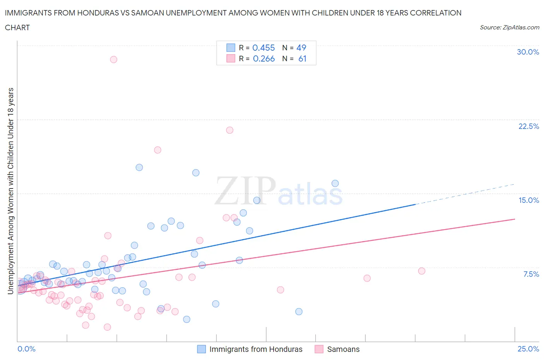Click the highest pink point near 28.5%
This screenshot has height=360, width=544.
point(113,59)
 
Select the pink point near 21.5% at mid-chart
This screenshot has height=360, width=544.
point(229,130)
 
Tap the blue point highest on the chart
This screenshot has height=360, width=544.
point(139,167)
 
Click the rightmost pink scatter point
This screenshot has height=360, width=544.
point(422,271)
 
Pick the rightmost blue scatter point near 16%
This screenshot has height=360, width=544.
point(335,183)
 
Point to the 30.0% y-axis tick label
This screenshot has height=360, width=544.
point(528,52)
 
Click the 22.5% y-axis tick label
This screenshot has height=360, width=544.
point(529,126)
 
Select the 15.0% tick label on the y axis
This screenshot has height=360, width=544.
point(529,200)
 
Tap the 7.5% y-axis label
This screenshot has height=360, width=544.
point(531,274)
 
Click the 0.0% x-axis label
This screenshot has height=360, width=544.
point(26,349)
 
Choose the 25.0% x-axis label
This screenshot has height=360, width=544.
point(528,349)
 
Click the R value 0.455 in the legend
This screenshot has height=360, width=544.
point(263,48)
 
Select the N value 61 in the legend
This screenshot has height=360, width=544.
point(302,58)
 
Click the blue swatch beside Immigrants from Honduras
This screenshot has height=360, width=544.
point(202,349)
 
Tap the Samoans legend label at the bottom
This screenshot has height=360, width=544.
point(343,349)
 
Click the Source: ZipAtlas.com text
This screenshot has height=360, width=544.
point(509,27)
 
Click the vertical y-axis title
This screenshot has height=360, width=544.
point(11,191)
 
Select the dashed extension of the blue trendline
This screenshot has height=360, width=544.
point(464,194)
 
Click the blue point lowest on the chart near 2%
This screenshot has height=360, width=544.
point(186,319)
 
